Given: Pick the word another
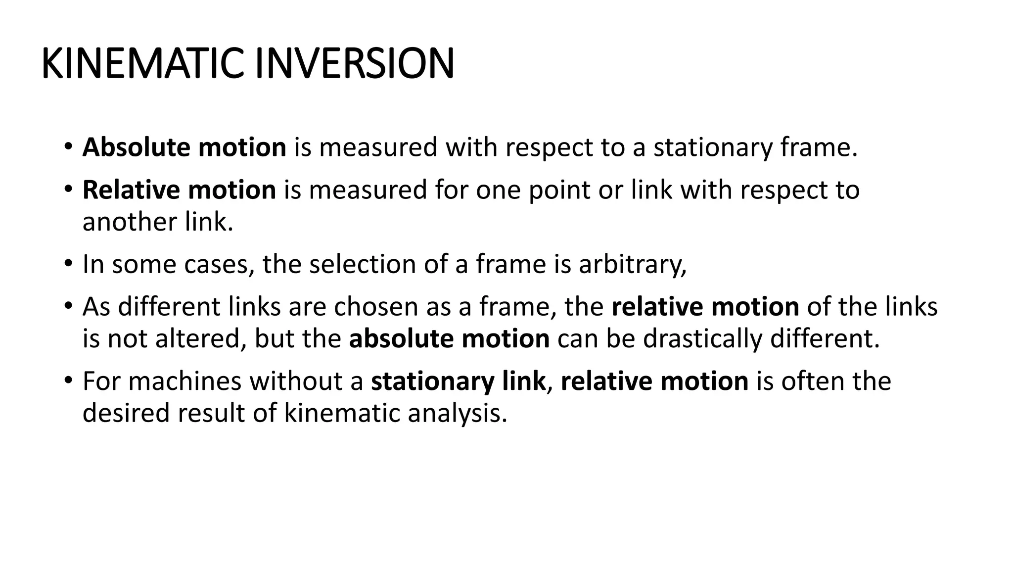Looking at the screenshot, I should point(130,222).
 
